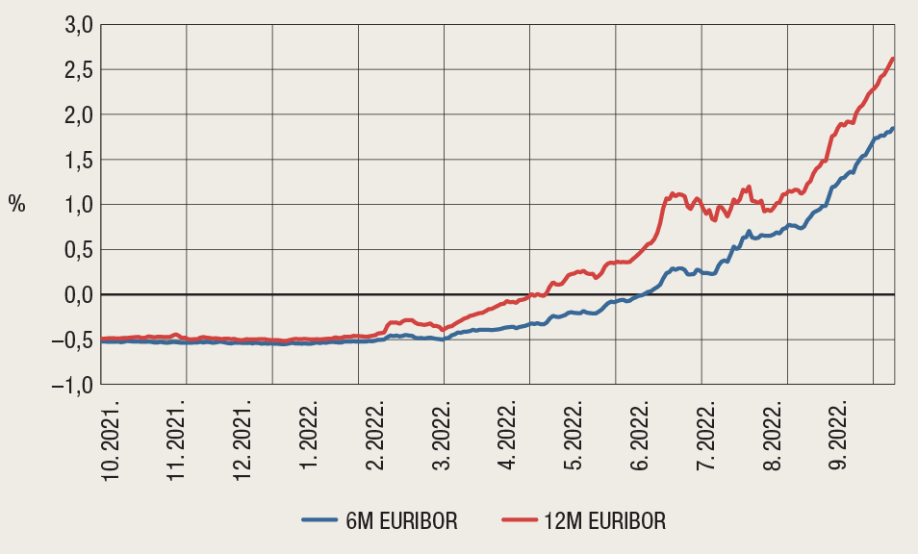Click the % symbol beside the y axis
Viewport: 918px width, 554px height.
[x=17, y=204]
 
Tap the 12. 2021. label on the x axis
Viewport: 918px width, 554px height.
[x=241, y=440]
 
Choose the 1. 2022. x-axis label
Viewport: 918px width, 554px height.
[x=309, y=436]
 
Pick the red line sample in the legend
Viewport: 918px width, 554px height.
[x=524, y=520]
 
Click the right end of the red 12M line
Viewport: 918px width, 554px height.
[x=894, y=59]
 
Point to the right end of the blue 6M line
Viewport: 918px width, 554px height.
[x=894, y=128]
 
